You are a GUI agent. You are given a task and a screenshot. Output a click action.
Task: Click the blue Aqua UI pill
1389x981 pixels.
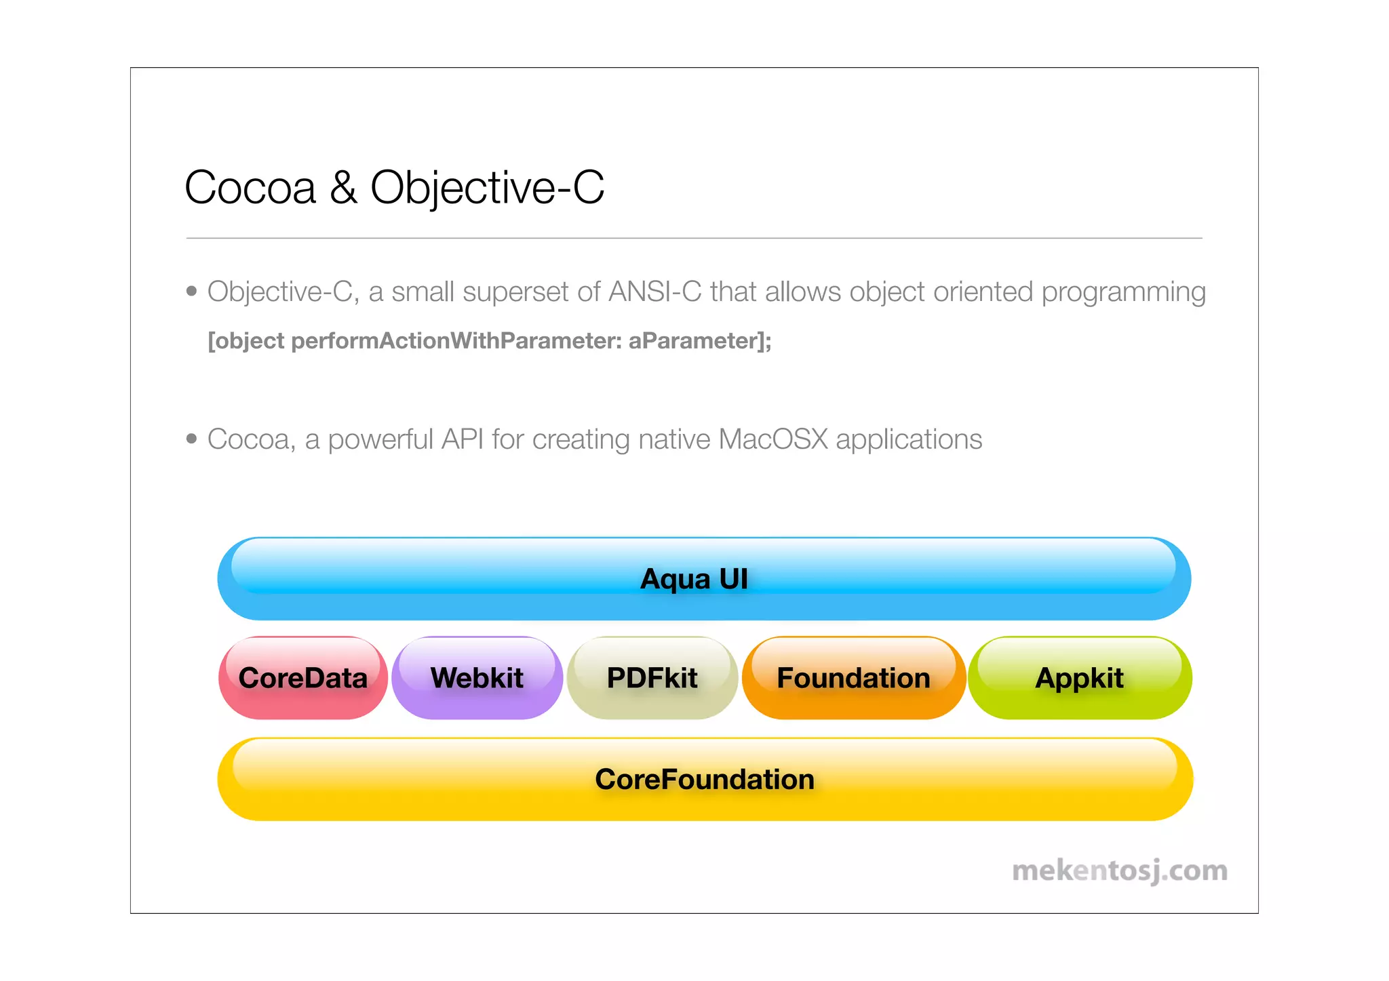704,579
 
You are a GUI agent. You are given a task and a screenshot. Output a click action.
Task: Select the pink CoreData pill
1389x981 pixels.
303,678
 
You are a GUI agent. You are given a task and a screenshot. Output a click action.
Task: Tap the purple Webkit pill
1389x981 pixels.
477,678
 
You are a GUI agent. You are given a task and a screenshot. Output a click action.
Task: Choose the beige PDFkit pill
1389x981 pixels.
652,678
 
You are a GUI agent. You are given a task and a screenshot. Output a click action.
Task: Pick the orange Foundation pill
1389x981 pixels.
853,678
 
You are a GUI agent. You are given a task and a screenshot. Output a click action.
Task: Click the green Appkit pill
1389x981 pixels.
1079,678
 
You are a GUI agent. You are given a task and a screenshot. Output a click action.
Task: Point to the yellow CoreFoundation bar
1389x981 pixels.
704,780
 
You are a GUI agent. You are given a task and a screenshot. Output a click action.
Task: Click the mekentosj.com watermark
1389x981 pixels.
1120,870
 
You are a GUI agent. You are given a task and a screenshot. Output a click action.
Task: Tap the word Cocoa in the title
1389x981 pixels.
250,188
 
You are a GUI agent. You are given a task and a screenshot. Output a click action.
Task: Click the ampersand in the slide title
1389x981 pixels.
343,188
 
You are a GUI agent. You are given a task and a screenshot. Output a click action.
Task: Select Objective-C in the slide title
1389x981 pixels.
486,188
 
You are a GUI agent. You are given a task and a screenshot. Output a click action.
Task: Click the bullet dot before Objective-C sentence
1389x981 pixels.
191,292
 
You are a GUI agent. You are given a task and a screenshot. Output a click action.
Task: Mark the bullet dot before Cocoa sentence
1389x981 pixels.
191,439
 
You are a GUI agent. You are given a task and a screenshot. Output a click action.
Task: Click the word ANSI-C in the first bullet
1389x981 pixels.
654,292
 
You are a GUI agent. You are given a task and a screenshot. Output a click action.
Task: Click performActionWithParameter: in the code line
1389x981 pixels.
456,340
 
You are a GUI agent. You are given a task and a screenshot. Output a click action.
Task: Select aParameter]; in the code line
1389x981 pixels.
699,340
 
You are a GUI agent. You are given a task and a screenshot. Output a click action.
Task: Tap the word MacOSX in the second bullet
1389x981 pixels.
772,439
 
